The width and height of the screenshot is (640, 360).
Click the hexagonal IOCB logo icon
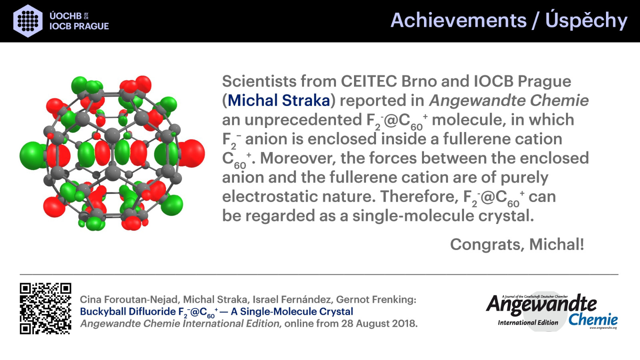28,21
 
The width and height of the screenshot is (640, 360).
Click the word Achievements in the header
458,20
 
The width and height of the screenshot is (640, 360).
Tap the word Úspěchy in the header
586,20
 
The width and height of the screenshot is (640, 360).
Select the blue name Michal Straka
279,100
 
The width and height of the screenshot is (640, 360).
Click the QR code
46,308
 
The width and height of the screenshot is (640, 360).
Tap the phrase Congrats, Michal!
517,244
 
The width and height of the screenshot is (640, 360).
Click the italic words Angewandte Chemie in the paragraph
509,100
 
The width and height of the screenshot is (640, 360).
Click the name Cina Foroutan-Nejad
129,300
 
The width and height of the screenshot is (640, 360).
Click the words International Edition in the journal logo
528,322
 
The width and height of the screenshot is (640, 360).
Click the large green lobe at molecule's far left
32,156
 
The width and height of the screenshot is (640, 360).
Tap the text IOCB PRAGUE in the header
79,26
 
